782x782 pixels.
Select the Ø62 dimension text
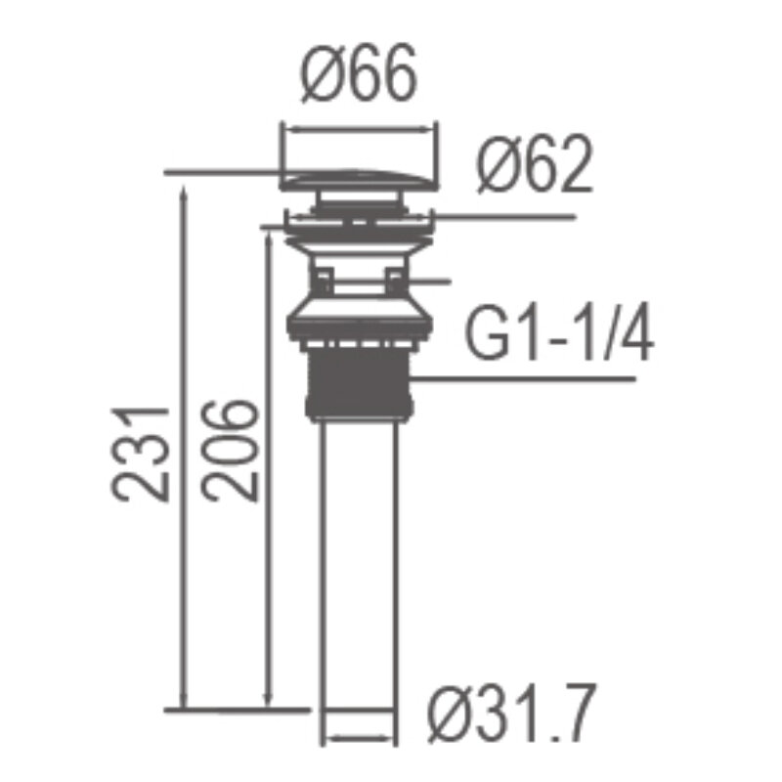pyautogui.click(x=535, y=164)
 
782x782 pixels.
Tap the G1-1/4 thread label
pyautogui.click(x=558, y=331)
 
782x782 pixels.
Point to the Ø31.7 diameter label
pyautogui.click(x=511, y=714)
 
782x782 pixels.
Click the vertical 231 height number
pyautogui.click(x=141, y=454)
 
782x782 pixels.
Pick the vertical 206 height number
pyautogui.click(x=230, y=451)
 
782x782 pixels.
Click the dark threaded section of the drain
pyautogui.click(x=359, y=384)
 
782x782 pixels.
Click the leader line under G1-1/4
pyautogui.click(x=523, y=379)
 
